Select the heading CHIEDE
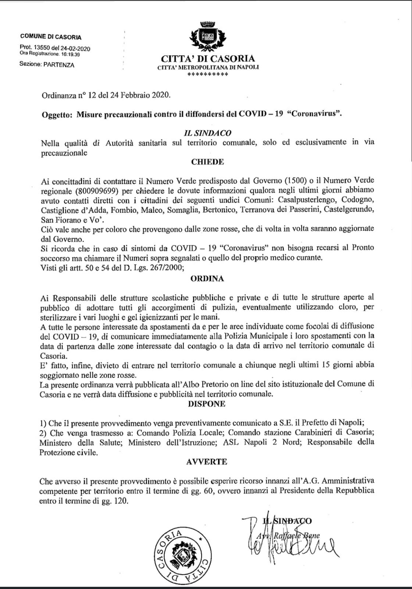207,162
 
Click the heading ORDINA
207,279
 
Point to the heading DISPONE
206,403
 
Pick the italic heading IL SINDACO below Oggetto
207,133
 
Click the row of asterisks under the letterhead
207,74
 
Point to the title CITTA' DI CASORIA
207,59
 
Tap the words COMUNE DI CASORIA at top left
51,36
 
